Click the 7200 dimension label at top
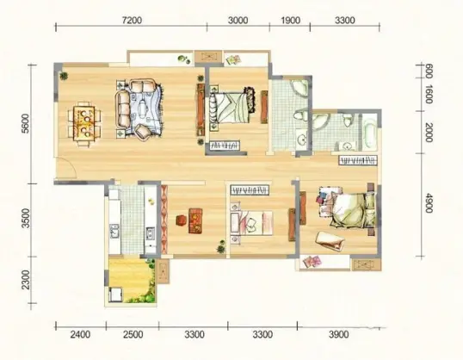(132, 21)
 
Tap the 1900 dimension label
(290, 21)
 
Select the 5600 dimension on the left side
(26, 123)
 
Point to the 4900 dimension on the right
(429, 202)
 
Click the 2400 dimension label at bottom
(80, 334)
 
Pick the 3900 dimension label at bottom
(338, 334)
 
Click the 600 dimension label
(429, 71)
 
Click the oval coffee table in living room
(143, 109)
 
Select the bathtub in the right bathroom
(369, 132)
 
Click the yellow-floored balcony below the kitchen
(130, 280)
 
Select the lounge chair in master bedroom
(330, 240)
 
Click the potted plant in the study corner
(220, 249)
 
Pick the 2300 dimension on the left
(26, 280)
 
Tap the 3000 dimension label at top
(238, 21)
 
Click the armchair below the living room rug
(143, 132)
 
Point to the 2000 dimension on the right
(429, 132)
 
